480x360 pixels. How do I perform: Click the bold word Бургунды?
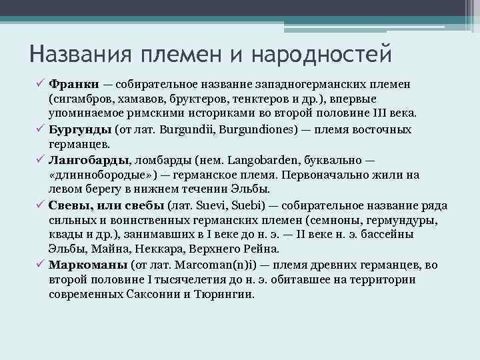click(80, 129)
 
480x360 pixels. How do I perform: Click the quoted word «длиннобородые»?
click(101, 175)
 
